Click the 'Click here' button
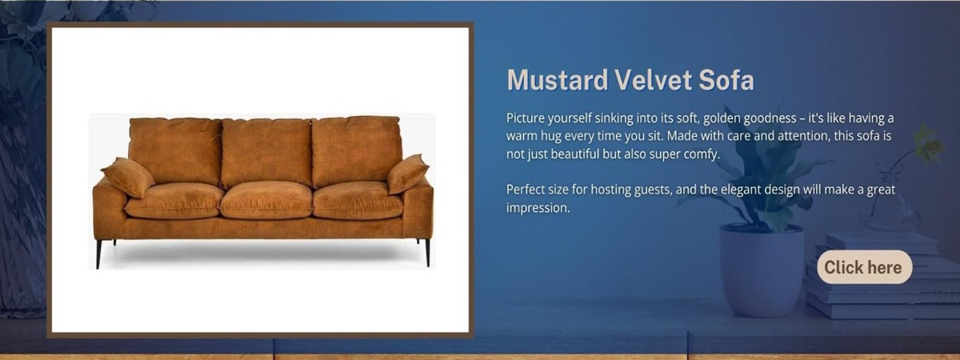point(865,267)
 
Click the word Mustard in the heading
point(557,80)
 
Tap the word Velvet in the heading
point(653,80)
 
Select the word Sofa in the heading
point(726,80)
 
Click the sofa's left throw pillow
point(128,177)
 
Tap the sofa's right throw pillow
point(407,174)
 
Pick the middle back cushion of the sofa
point(266,152)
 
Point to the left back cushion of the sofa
point(175,151)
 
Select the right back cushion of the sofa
point(357,151)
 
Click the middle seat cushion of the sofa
point(266,200)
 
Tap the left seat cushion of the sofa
point(174,201)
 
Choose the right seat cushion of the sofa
point(358,201)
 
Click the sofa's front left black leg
point(99,254)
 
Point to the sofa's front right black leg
point(427,253)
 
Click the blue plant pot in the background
point(761,271)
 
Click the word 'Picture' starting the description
point(525,118)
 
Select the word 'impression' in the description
point(538,208)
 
